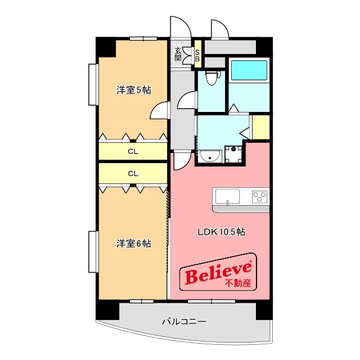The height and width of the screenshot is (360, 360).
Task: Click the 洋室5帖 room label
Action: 134,90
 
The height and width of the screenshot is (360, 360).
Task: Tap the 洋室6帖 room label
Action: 134,244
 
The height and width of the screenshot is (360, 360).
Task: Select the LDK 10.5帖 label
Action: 222,232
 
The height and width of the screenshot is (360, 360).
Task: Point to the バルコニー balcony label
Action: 184,321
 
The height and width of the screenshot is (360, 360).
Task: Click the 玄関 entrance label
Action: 178,54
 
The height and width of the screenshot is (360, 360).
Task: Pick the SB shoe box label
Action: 197,56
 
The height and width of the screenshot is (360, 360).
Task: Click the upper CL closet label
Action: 133,151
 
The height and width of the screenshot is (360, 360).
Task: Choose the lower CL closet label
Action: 133,174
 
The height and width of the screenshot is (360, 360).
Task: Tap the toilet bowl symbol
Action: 212,78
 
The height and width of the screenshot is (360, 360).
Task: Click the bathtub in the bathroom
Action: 249,70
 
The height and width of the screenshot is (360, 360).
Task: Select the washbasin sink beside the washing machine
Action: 210,156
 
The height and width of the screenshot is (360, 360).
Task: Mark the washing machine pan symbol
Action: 233,154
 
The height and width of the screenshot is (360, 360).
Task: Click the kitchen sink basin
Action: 227,197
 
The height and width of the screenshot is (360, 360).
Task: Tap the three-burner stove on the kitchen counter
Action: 260,197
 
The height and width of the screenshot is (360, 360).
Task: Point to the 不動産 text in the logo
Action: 238,283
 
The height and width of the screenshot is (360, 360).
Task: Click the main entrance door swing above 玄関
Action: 181,27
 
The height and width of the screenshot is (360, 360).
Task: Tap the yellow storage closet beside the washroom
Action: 261,127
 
